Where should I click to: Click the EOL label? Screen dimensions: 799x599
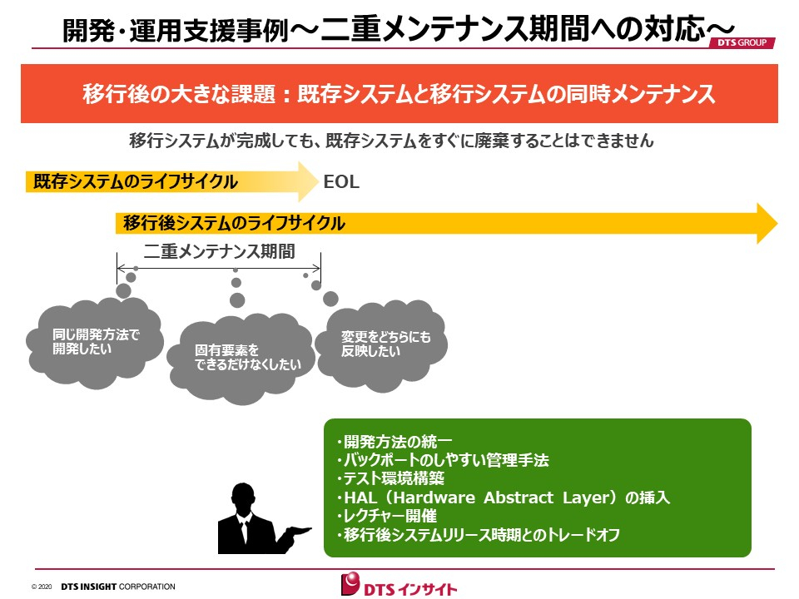(x=341, y=182)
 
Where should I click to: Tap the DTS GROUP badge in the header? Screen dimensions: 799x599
(x=742, y=42)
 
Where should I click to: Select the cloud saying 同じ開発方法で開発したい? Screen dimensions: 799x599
(x=95, y=342)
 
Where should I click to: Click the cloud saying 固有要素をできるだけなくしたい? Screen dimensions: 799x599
(x=241, y=359)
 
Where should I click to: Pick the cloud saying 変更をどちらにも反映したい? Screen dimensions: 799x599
(x=381, y=345)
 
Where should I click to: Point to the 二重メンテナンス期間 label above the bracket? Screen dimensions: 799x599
(x=219, y=251)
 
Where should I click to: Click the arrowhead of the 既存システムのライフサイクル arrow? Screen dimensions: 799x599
(x=308, y=181)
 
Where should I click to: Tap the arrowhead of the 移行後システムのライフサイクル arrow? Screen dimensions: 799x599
(x=767, y=223)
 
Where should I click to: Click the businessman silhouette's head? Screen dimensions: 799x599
(x=243, y=498)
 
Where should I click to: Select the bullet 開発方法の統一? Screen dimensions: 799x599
(x=395, y=441)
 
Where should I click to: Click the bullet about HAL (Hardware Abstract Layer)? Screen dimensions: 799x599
(x=503, y=498)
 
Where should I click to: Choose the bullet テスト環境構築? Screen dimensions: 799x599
(x=390, y=478)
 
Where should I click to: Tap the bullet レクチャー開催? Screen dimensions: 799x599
(x=387, y=516)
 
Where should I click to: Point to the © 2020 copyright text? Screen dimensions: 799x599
(x=42, y=587)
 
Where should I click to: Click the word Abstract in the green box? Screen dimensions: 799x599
(x=519, y=498)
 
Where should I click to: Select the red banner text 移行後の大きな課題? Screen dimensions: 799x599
(x=179, y=94)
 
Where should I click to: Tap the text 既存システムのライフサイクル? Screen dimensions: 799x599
(x=136, y=182)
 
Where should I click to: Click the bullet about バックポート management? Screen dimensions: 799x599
(x=443, y=460)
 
